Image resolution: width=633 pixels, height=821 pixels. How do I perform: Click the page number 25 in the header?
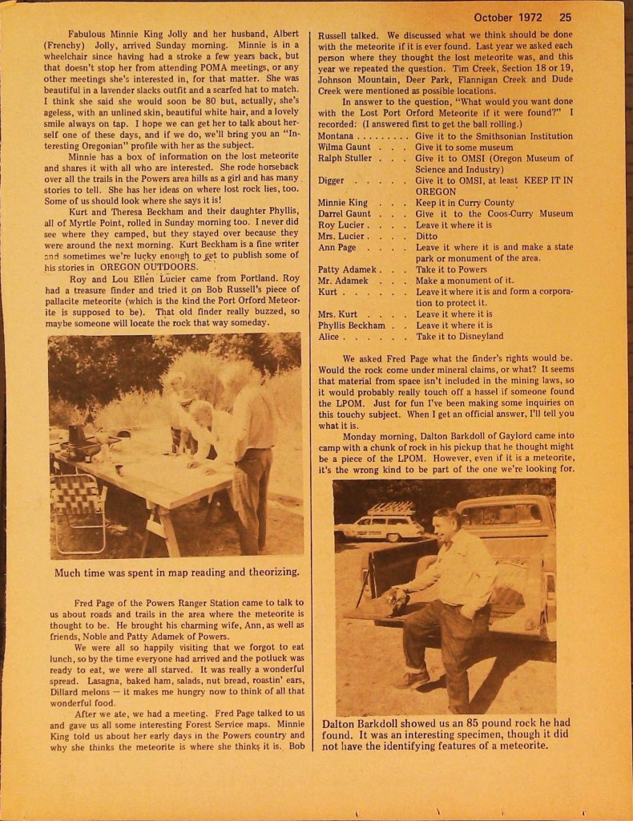[x=566, y=17]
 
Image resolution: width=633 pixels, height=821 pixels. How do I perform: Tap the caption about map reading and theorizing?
[x=176, y=572]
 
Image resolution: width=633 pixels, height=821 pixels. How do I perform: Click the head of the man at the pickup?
[x=444, y=526]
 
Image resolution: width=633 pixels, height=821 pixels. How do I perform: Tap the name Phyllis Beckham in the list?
[x=351, y=326]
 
